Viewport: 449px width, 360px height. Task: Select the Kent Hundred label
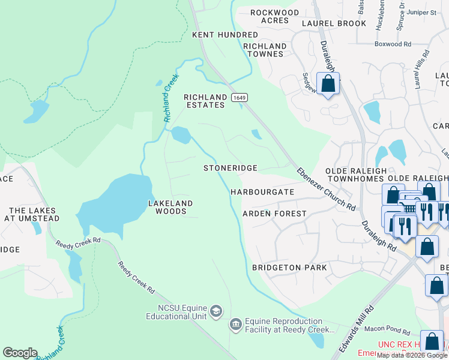pyautogui.click(x=225, y=35)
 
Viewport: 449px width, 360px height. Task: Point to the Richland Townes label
pyautogui.click(x=265, y=50)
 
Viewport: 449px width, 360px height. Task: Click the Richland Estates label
pyautogui.click(x=205, y=101)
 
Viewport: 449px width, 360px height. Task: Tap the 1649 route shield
pyautogui.click(x=240, y=97)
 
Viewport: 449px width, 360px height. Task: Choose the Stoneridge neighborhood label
pyautogui.click(x=231, y=169)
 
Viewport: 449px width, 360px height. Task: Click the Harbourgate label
pyautogui.click(x=262, y=192)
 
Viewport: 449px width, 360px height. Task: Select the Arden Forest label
pyautogui.click(x=274, y=214)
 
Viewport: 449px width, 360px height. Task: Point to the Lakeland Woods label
pyautogui.click(x=170, y=207)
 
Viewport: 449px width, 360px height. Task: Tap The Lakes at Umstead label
pyautogui.click(x=32, y=214)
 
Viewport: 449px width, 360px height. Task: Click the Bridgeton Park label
pyautogui.click(x=289, y=268)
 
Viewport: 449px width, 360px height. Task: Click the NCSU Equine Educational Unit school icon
pyautogui.click(x=216, y=311)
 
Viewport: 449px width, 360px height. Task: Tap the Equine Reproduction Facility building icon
pyautogui.click(x=235, y=325)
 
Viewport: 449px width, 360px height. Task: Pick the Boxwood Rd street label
pyautogui.click(x=393, y=44)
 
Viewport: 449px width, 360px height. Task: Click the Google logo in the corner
pyautogui.click(x=20, y=353)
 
